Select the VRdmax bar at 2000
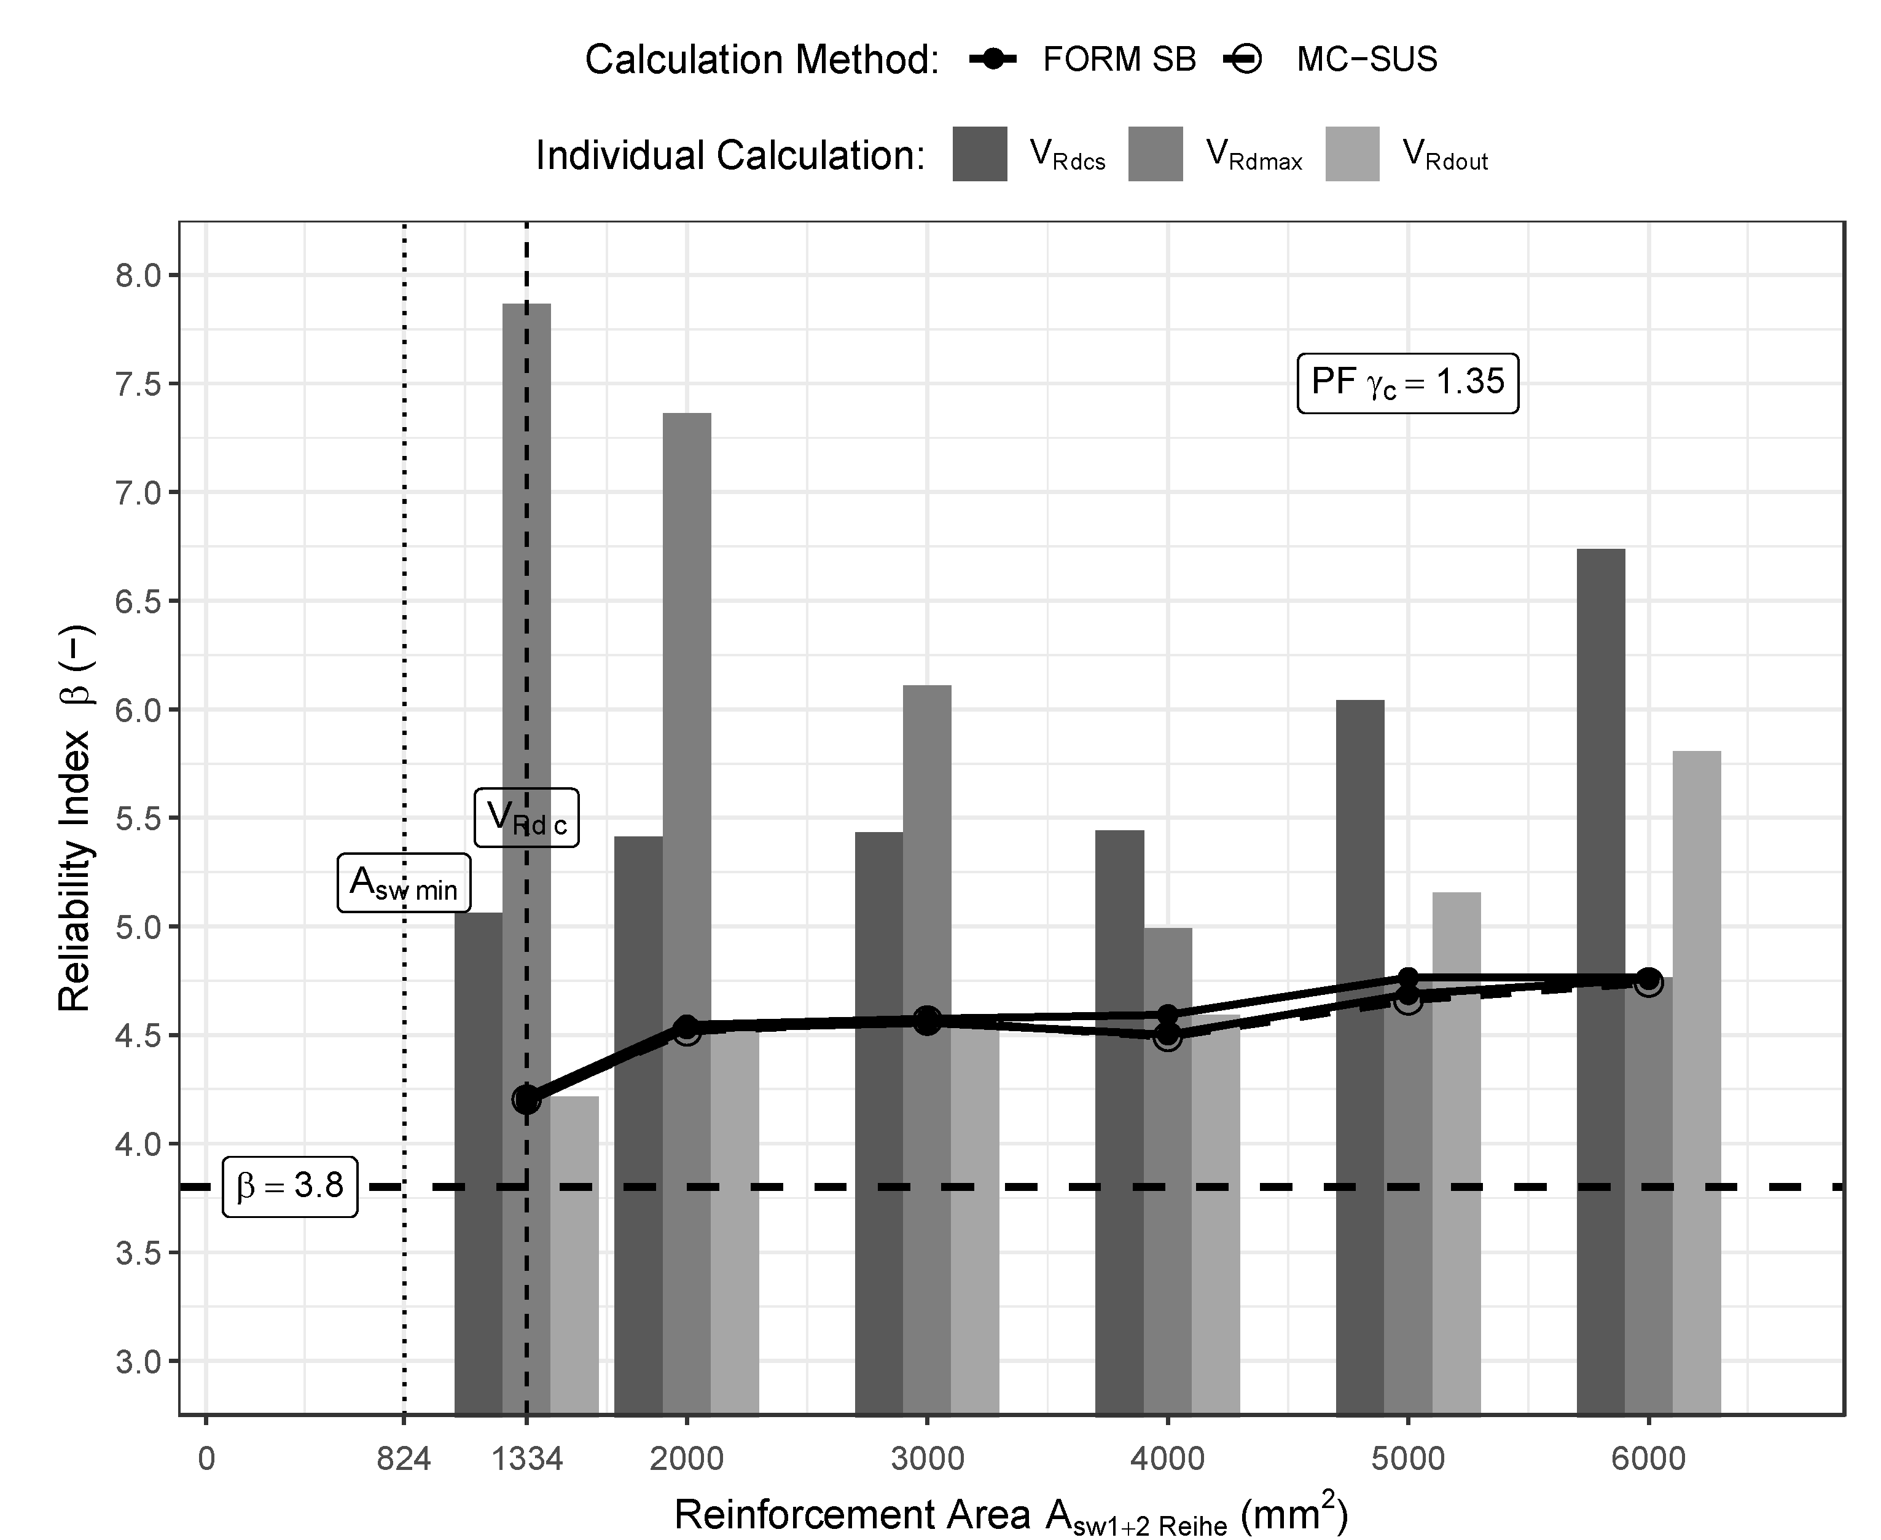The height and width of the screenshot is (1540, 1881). coord(686,710)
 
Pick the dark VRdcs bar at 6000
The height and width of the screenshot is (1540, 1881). coord(1601,887)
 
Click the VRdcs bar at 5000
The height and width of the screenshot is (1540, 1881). coord(1359,976)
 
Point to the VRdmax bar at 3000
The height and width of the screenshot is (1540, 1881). coord(927,843)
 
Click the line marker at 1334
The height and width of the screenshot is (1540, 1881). coord(526,1100)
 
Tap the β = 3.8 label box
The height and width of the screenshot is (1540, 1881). coord(290,1186)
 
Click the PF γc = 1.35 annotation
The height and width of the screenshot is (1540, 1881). coord(1407,383)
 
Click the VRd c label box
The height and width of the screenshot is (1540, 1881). coord(526,817)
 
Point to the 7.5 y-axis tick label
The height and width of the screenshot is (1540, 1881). coord(139,384)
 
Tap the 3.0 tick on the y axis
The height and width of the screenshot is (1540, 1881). coord(139,1361)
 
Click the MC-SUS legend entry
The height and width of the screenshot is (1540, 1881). coord(1330,60)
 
